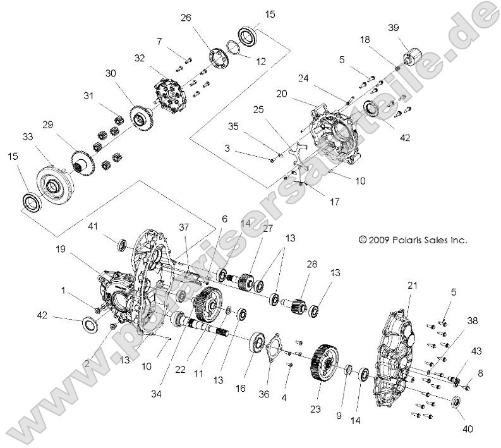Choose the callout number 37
[x=183, y=227]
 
